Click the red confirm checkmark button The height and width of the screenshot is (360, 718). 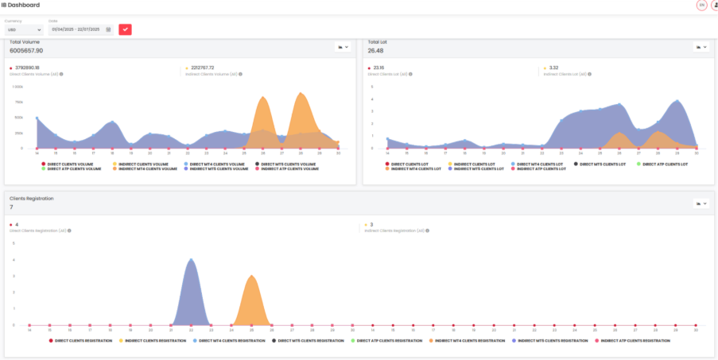pyautogui.click(x=125, y=29)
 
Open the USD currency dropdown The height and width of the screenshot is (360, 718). pyautogui.click(x=24, y=29)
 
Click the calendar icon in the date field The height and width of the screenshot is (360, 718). pyautogui.click(x=108, y=29)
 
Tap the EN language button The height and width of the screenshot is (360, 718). pyautogui.click(x=701, y=5)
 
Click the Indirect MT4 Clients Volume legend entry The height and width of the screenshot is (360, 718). pyautogui.click(x=148, y=168)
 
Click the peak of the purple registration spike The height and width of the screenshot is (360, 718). pyautogui.click(x=190, y=259)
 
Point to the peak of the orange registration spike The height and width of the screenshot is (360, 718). pyautogui.click(x=251, y=276)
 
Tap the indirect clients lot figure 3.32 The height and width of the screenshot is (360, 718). pyautogui.click(x=553, y=68)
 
